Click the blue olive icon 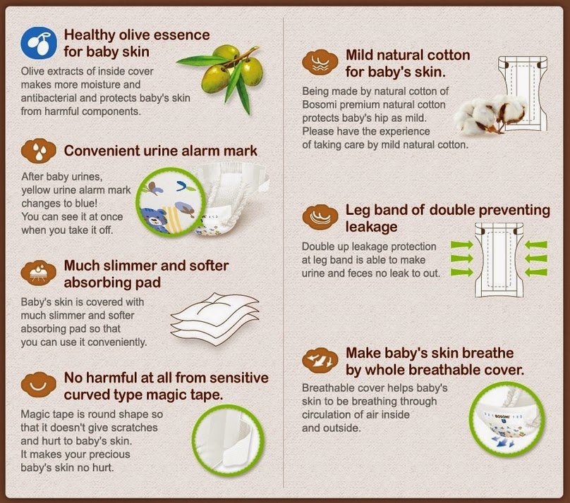pos(39,43)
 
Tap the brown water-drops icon pos(39,150)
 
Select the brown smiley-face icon pos(39,385)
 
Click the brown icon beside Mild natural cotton pos(320,62)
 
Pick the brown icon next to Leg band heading pos(320,217)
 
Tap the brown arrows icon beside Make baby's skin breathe pos(320,361)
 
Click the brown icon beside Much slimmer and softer pos(39,273)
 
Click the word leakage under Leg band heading pos(371,227)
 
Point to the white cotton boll pos(489,113)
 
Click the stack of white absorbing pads pos(214,318)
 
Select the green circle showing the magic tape pos(228,440)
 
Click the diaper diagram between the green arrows pos(499,260)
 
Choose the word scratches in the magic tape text pos(134,428)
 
